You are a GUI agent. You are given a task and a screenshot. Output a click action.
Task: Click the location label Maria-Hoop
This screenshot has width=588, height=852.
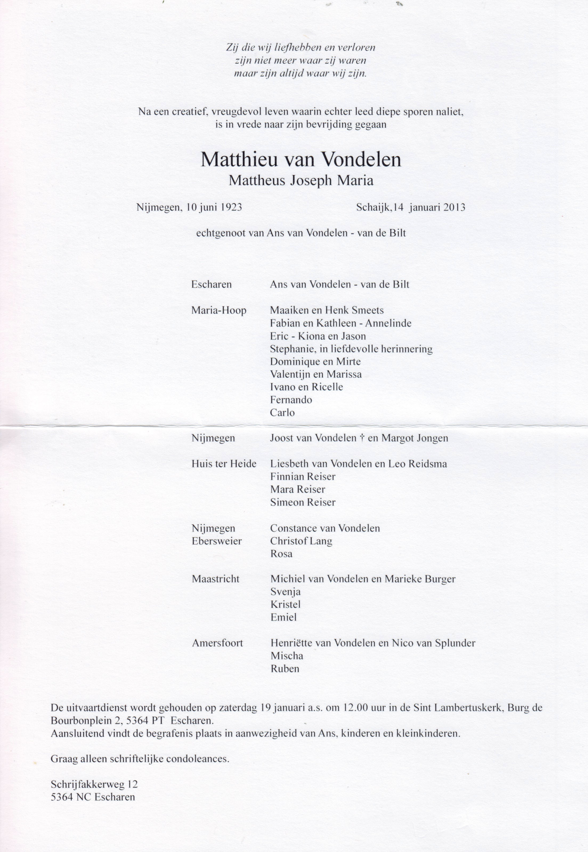(218, 311)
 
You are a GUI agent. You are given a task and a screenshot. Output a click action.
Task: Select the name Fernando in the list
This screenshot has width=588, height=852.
(291, 400)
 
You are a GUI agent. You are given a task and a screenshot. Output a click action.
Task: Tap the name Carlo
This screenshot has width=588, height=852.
(282, 413)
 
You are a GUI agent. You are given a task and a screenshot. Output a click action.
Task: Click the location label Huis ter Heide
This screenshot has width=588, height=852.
(224, 464)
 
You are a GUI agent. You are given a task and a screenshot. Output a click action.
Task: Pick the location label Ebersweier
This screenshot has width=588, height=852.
(217, 541)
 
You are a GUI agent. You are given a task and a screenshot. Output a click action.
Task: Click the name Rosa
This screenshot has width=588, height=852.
(281, 554)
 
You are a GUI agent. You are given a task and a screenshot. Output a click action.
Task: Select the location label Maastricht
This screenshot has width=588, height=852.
(216, 579)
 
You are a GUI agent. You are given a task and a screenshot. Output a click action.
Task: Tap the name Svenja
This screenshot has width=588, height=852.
(286, 592)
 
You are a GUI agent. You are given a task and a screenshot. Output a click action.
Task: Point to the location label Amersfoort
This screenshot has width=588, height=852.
(217, 643)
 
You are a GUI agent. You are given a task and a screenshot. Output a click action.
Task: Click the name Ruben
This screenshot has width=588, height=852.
(285, 669)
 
